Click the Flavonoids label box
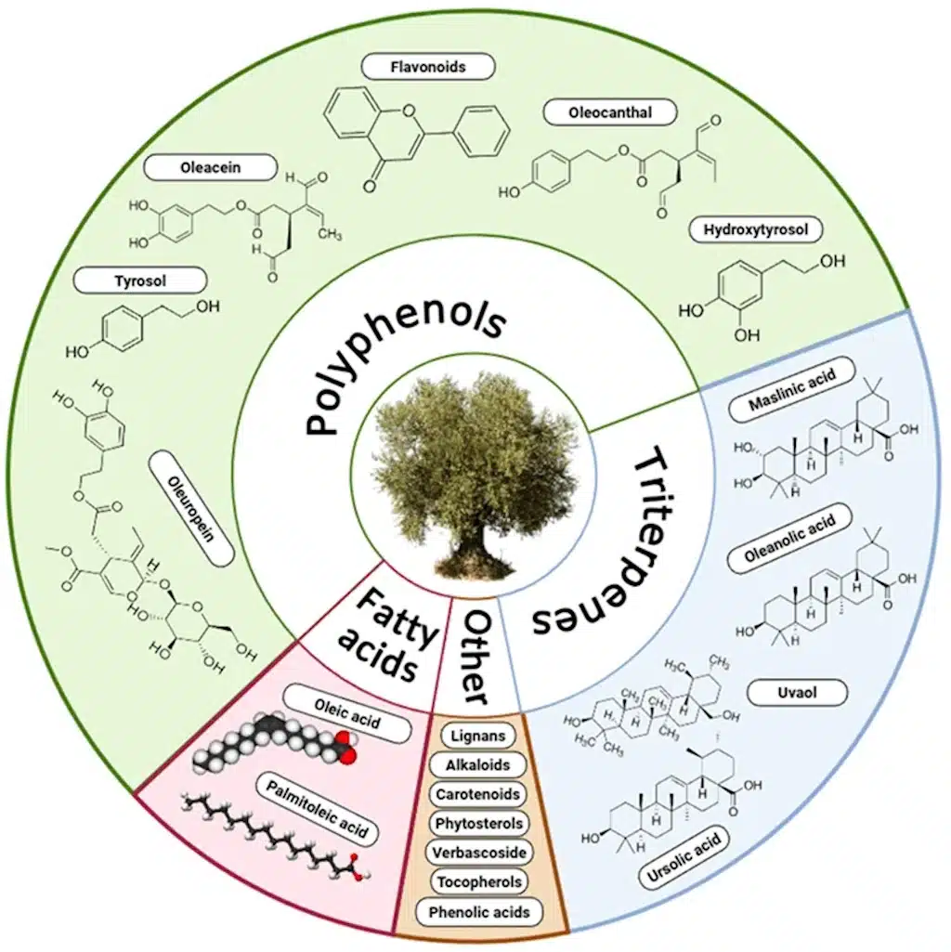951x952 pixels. click(x=428, y=66)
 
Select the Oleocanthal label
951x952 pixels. click(x=610, y=112)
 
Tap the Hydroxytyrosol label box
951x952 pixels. click(x=756, y=229)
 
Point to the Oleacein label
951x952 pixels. click(x=211, y=167)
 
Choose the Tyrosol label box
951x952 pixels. click(x=140, y=280)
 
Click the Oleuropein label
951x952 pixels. click(x=192, y=507)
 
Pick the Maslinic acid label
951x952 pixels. click(x=791, y=389)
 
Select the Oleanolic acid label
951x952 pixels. click(x=789, y=538)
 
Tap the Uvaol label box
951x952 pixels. click(x=797, y=692)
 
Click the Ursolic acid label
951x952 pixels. click(x=684, y=858)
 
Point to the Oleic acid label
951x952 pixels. click(x=346, y=713)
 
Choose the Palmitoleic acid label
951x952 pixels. click(x=317, y=809)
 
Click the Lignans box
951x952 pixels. click(x=478, y=736)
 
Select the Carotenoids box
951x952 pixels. click(x=478, y=794)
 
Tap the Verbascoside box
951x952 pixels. click(x=479, y=853)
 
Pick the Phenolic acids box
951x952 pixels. click(x=479, y=912)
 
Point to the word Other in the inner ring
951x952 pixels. click(x=475, y=658)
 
